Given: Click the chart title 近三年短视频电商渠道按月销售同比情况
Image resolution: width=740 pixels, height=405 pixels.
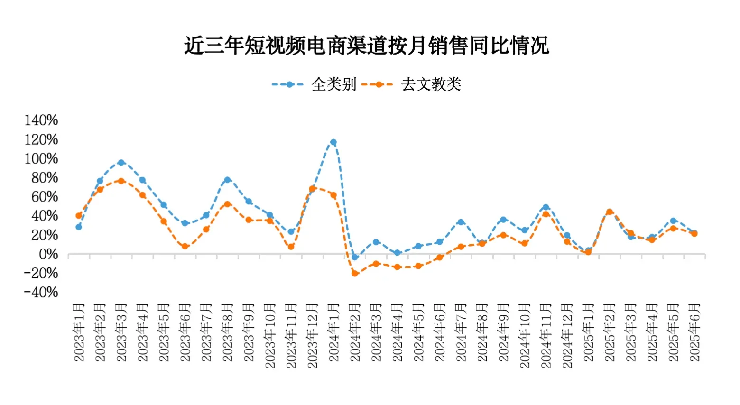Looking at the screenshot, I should (x=366, y=46).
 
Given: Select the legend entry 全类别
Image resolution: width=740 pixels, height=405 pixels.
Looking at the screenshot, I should (x=333, y=84).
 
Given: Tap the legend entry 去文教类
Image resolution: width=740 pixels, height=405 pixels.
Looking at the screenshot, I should (x=431, y=84).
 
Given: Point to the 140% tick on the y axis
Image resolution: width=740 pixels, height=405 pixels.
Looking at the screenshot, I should (x=41, y=120).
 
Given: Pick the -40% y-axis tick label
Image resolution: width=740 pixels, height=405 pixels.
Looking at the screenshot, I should (x=41, y=292).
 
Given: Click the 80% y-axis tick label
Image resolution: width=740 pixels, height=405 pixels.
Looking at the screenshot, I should (x=45, y=178).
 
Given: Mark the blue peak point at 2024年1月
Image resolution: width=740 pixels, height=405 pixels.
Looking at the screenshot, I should (x=333, y=142).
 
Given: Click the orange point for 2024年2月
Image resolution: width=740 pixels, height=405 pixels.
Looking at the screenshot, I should (x=355, y=274).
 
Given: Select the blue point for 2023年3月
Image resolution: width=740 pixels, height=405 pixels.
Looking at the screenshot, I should (x=121, y=163).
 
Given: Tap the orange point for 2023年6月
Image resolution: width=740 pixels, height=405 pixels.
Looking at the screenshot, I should (x=185, y=247).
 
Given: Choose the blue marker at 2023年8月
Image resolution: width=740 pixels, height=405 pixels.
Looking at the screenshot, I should (x=227, y=180).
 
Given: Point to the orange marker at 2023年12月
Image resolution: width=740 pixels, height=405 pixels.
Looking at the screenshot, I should (x=312, y=189).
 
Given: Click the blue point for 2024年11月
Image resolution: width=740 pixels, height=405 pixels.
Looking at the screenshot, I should (x=546, y=207).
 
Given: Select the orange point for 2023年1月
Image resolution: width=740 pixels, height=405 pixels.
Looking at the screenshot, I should (x=79, y=216).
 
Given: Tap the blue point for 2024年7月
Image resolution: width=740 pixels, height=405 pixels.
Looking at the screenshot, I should (x=461, y=222).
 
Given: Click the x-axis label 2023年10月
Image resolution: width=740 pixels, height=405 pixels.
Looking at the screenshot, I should (x=270, y=336).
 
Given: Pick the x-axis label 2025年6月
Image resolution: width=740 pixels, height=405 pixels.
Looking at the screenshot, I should (x=694, y=333).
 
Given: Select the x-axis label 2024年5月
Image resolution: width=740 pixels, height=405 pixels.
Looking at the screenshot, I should (x=418, y=333).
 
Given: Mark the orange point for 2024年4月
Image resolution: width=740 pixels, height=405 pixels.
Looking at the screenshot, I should (x=397, y=267).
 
